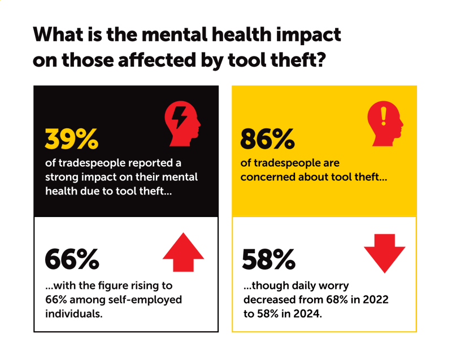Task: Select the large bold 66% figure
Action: tap(72, 258)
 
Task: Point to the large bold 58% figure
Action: tap(268, 258)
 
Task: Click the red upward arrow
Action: tap(183, 255)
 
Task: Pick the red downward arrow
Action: tap(385, 251)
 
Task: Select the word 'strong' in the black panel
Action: tap(62, 177)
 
